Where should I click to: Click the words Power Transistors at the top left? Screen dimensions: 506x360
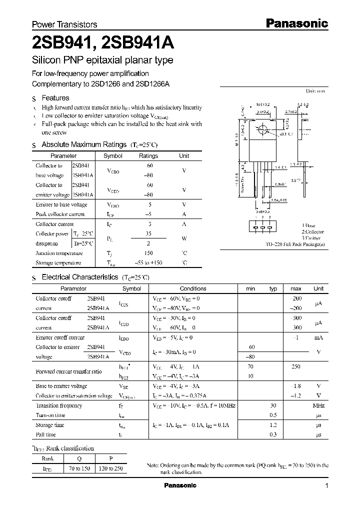(64, 24)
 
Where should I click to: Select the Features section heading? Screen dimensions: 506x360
(55, 98)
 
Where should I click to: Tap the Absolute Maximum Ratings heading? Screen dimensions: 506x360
(83, 144)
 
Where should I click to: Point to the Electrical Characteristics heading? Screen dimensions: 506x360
(79, 277)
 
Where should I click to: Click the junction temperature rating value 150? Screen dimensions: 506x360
(148, 253)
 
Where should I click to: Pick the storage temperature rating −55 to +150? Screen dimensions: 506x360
(148, 263)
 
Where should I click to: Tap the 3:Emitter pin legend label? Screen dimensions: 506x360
(313, 238)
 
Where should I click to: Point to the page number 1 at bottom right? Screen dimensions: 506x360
(327, 486)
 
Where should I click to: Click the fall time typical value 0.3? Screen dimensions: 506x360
(273, 435)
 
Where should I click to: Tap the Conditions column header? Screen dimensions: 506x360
(193, 288)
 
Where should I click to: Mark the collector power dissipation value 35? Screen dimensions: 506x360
(148, 233)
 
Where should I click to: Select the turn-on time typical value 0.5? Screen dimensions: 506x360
(273, 415)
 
